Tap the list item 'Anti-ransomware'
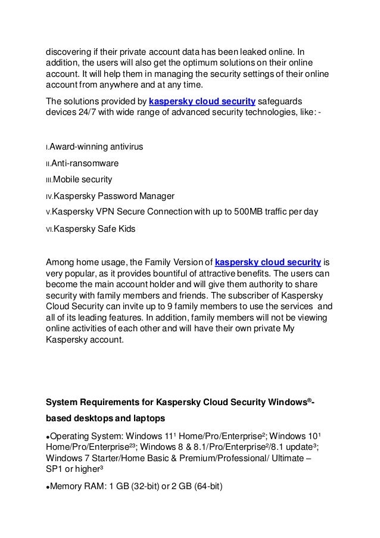[85, 163]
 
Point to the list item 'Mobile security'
[83, 179]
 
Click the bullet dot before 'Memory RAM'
[48, 488]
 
